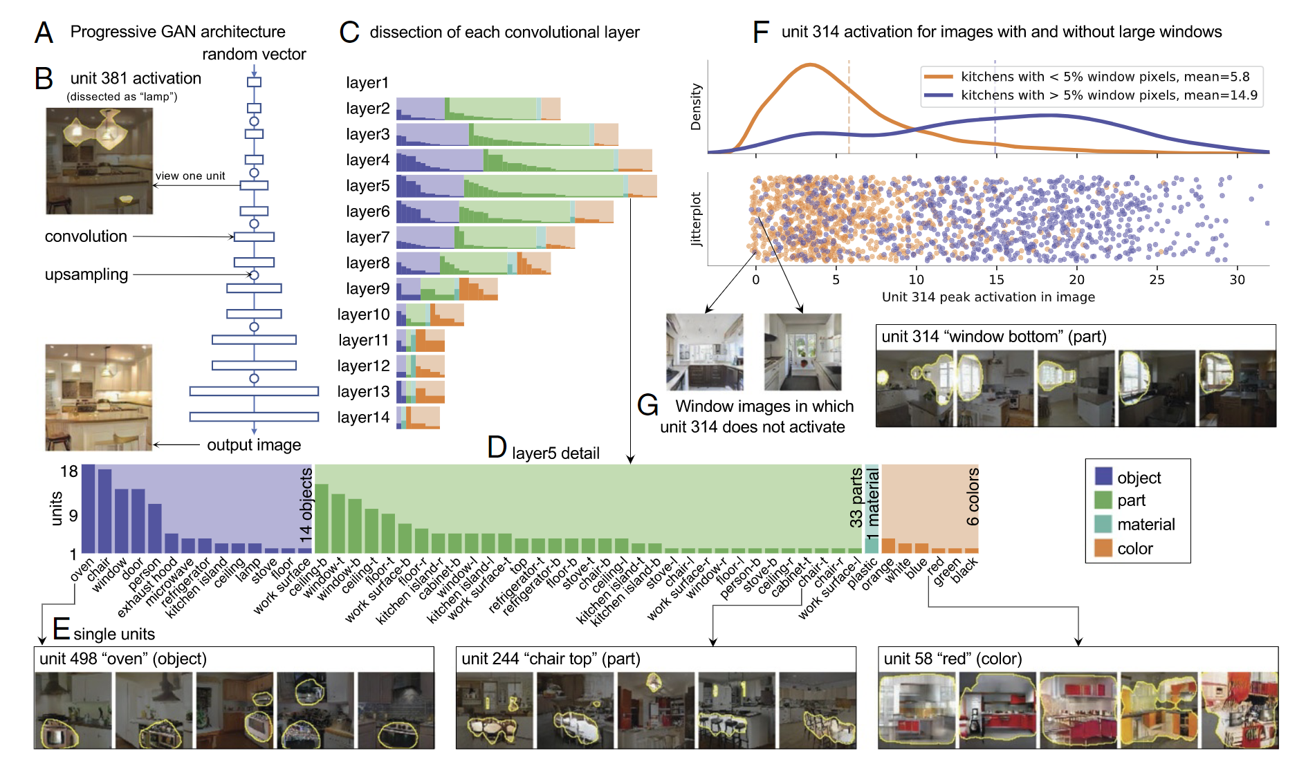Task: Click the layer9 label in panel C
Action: click(367, 288)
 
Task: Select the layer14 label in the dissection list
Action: click(363, 417)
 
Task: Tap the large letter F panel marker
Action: click(760, 32)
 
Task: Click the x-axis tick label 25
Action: click(1157, 279)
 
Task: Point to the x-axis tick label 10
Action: click(916, 279)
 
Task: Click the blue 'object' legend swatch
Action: click(1103, 476)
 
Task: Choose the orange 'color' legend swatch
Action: click(1103, 548)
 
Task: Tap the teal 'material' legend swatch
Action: click(1103, 524)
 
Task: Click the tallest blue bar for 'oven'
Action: click(89, 509)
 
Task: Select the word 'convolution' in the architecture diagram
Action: click(86, 236)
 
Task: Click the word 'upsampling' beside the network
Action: click(86, 274)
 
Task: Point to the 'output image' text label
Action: click(254, 445)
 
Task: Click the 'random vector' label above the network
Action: click(254, 54)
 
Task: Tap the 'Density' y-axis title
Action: click(696, 107)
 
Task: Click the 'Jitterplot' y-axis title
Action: click(696, 219)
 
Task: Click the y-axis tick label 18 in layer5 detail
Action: click(69, 471)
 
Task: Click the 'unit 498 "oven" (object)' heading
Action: click(123, 659)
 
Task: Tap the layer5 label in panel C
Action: click(367, 185)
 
